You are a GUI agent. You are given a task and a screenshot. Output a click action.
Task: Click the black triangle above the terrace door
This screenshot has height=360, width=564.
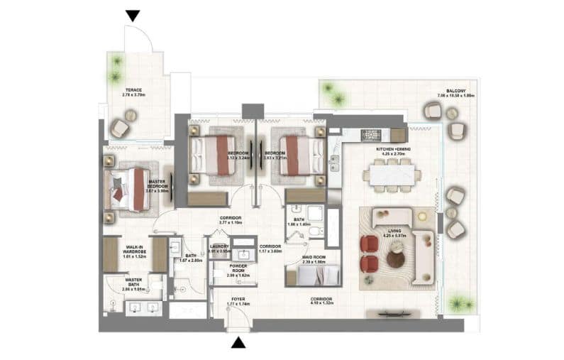[133, 16]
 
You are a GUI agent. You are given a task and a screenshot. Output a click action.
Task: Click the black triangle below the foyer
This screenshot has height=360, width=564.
[239, 343]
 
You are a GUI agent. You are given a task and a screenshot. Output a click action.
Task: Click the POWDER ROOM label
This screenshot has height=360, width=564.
[238, 269]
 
